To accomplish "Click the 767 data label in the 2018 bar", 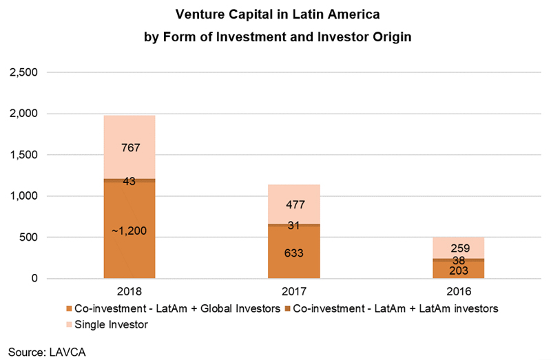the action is click(131, 147).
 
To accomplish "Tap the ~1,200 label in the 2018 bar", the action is click(129, 231).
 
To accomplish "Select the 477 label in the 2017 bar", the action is click(295, 204).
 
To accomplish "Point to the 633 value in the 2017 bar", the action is click(294, 253).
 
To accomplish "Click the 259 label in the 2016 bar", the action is click(460, 248).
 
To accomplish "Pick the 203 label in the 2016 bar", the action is click(459, 271).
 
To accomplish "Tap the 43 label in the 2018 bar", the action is click(129, 181).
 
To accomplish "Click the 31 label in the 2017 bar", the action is click(293, 225).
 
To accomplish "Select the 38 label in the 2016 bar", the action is click(459, 260).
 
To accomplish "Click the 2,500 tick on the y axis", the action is click(23, 72).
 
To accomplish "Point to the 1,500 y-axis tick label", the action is click(23, 155).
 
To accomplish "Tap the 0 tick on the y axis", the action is click(34, 278).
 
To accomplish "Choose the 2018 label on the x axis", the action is click(129, 291).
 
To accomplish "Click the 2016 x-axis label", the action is click(459, 291).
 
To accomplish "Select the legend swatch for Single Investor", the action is click(69, 324).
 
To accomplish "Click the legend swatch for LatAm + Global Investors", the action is click(69, 309).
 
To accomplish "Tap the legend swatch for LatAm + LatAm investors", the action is click(287, 309).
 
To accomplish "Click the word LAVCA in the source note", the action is click(67, 352).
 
